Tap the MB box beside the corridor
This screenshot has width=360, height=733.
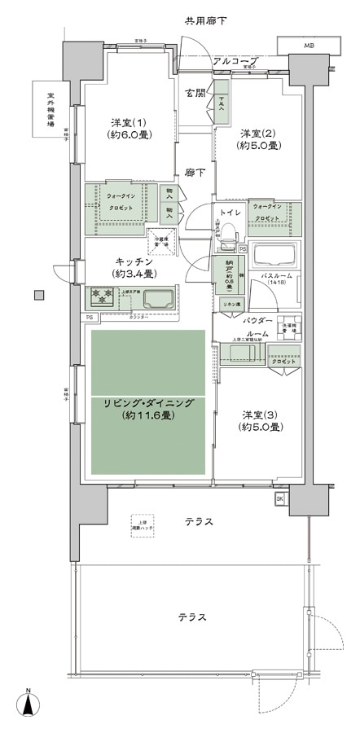click(308, 46)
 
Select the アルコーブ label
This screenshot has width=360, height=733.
click(235, 61)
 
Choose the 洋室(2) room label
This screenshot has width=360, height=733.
click(260, 139)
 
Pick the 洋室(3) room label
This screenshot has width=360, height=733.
click(260, 420)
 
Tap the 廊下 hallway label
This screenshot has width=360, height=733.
click(194, 173)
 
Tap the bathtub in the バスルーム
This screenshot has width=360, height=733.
click(274, 256)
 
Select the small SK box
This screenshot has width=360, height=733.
click(279, 498)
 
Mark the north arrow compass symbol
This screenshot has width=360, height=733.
click(29, 705)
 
